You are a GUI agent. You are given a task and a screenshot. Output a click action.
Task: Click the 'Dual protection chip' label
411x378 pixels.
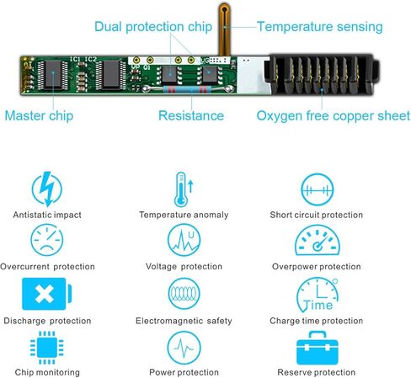(x=153, y=27)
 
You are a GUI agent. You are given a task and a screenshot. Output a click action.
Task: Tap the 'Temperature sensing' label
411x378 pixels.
(x=320, y=27)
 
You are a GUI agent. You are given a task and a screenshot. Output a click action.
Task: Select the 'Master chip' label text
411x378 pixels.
(x=39, y=116)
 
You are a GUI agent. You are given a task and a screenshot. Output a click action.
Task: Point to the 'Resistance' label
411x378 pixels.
(x=191, y=115)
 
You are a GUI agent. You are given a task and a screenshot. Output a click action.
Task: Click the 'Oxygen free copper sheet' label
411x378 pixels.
(x=334, y=116)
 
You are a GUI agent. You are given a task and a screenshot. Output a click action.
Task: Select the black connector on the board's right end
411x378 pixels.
(x=322, y=74)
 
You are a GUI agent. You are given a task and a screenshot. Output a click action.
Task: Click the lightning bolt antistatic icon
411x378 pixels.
(x=47, y=189)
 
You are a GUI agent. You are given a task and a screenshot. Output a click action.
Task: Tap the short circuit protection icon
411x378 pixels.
(x=318, y=190)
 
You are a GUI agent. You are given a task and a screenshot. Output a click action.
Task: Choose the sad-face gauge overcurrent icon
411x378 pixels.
(x=47, y=240)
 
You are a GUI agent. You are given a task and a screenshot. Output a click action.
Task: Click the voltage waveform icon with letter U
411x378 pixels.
(x=184, y=240)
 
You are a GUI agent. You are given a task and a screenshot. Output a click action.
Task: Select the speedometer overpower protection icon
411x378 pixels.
(x=318, y=240)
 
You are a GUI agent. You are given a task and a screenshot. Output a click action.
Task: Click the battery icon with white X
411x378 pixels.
(x=47, y=294)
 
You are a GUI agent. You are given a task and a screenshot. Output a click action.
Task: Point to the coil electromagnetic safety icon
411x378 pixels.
(x=184, y=294)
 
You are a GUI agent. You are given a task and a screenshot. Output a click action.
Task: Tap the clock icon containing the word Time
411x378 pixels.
(x=318, y=295)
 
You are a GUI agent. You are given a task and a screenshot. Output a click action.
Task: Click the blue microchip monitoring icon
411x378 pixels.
(x=47, y=348)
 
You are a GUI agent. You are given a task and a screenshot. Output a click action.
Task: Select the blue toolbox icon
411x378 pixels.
(x=318, y=348)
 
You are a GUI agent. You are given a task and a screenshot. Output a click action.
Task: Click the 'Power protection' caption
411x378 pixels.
(x=184, y=372)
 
